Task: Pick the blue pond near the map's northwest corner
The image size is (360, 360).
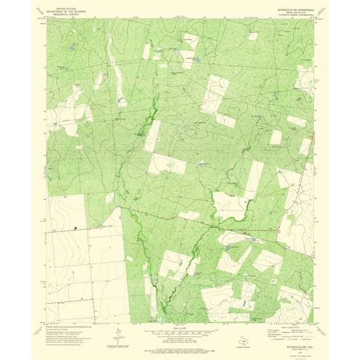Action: (73, 47)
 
